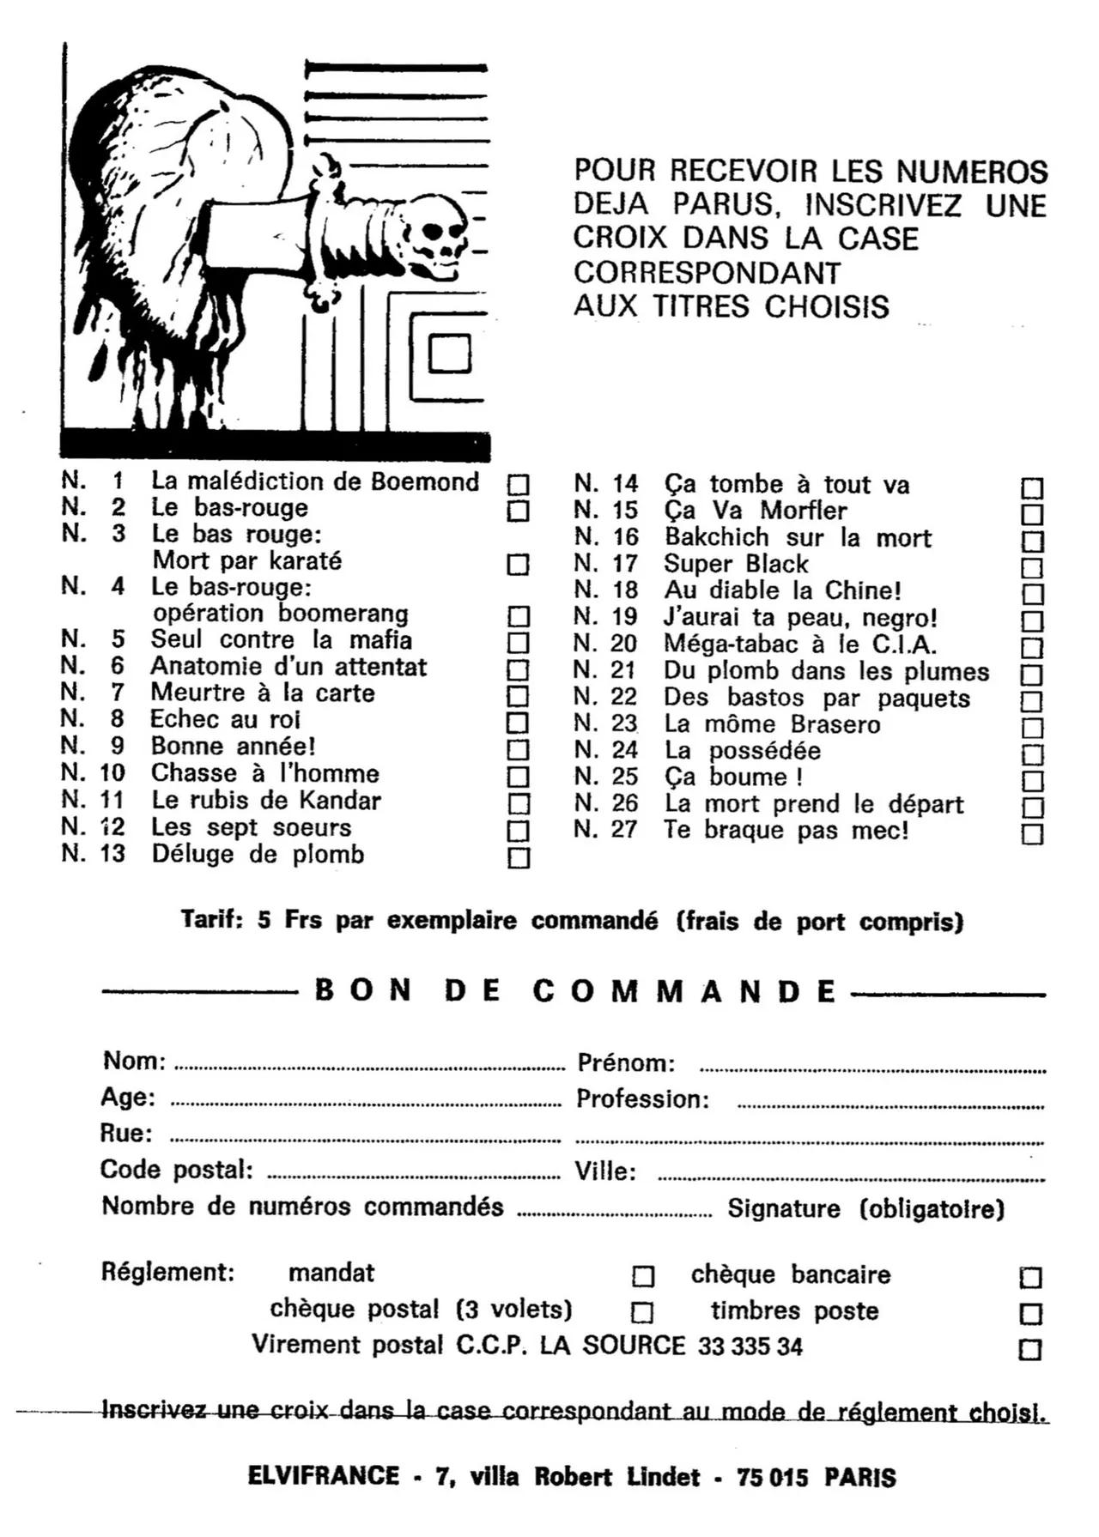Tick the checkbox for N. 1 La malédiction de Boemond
point(518,485)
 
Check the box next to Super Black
point(1032,568)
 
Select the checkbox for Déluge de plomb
point(519,858)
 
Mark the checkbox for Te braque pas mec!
point(1032,834)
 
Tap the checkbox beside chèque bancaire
point(1030,1278)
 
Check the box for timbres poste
point(1030,1314)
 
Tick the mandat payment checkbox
point(643,1277)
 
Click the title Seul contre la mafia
point(281,640)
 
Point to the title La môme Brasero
point(772,724)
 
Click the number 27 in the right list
point(624,830)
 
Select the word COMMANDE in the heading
point(683,991)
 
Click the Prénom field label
point(626,1063)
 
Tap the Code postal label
point(176,1170)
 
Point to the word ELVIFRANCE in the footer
point(324,1476)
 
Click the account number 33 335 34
point(750,1346)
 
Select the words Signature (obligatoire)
point(865,1209)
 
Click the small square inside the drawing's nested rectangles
point(449,354)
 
